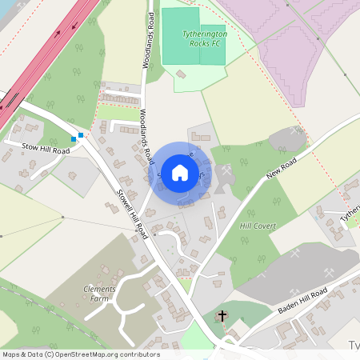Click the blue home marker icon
[x=180, y=171]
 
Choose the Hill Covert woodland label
[x=258, y=226]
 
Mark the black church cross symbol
[x=222, y=317]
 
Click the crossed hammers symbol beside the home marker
[x=227, y=171]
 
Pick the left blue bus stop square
[x=74, y=138]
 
